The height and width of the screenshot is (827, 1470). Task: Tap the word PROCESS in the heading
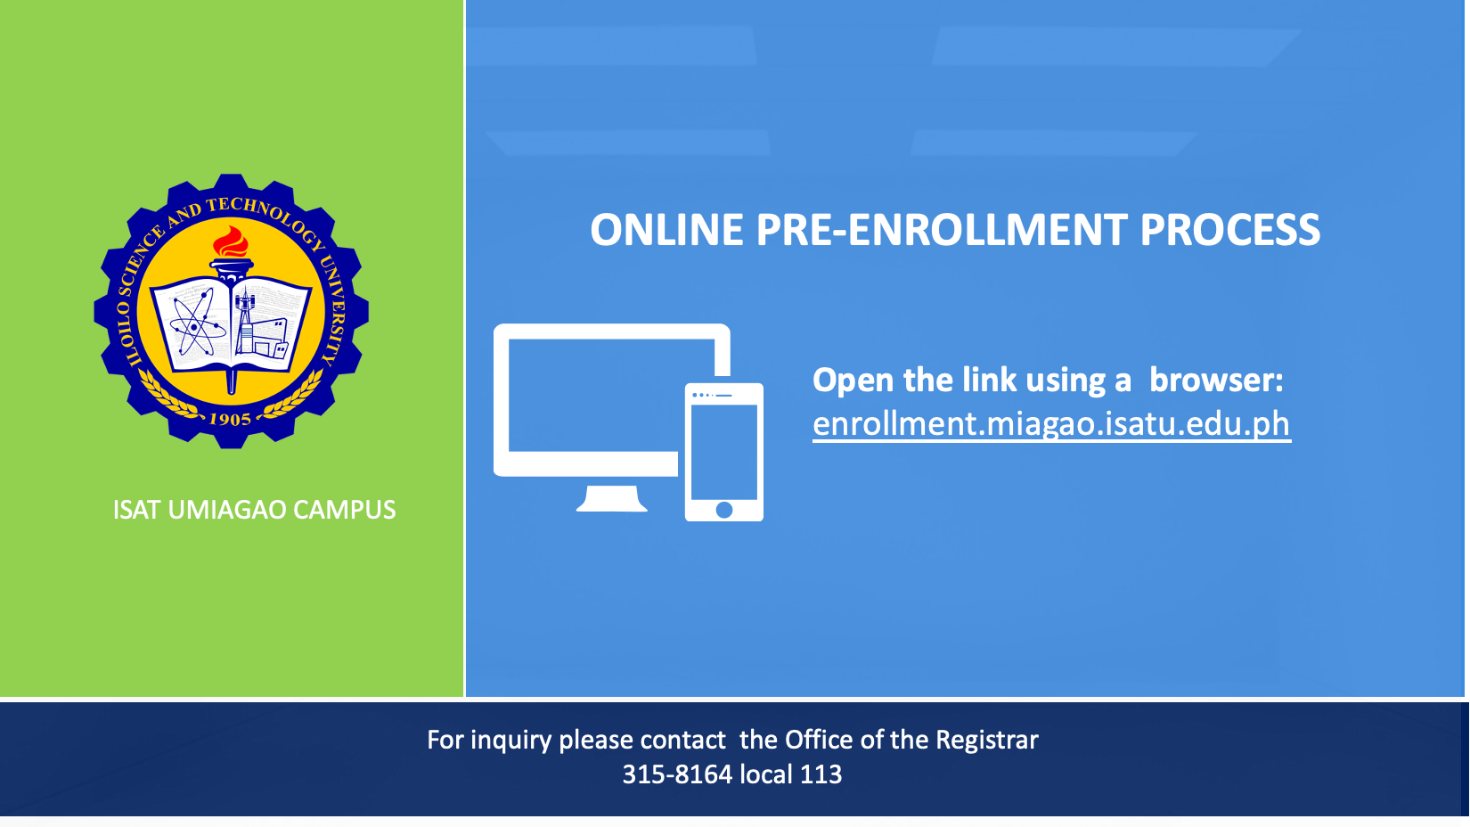pyautogui.click(x=1229, y=230)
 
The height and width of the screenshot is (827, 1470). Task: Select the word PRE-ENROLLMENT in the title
pyautogui.click(x=942, y=230)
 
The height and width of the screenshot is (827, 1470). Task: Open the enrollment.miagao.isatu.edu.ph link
pyautogui.click(x=1051, y=424)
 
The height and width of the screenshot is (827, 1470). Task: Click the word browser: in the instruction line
pyautogui.click(x=1216, y=380)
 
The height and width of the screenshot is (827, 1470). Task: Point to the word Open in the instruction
pyautogui.click(x=853, y=381)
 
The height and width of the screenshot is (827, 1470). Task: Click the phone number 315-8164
pyautogui.click(x=676, y=774)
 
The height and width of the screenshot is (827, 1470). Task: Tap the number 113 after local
pyautogui.click(x=821, y=774)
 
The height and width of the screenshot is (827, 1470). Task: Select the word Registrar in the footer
pyautogui.click(x=987, y=741)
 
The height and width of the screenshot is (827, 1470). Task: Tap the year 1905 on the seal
pyautogui.click(x=231, y=419)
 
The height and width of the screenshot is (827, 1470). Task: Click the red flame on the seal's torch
pyautogui.click(x=231, y=243)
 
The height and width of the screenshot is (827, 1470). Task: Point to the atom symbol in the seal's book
pyautogui.click(x=194, y=323)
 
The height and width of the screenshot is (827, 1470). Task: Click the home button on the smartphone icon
pyautogui.click(x=723, y=510)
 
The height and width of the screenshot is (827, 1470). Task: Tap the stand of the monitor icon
pyautogui.click(x=612, y=498)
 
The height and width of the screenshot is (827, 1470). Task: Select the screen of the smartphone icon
pyautogui.click(x=723, y=452)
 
